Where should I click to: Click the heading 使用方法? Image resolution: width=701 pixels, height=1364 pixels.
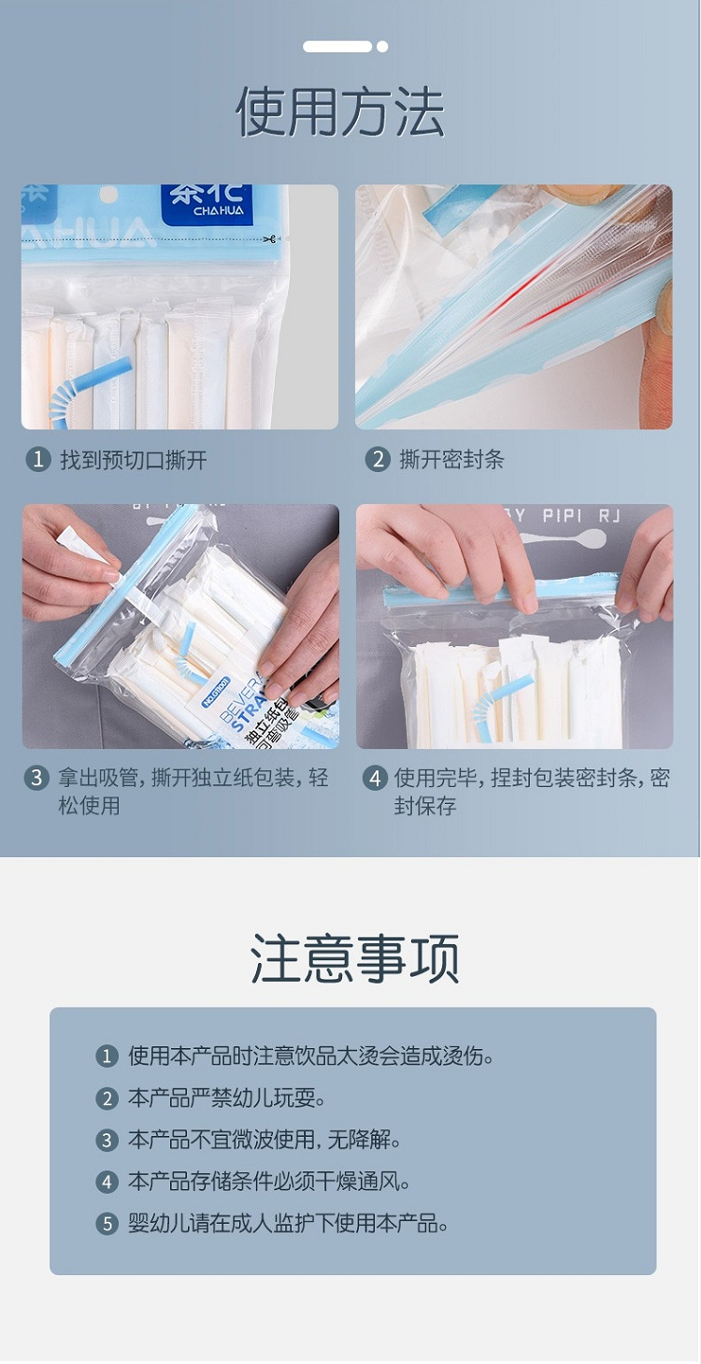340,111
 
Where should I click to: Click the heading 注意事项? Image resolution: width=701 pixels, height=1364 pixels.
354,958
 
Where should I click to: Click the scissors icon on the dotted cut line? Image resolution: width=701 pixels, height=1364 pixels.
268,238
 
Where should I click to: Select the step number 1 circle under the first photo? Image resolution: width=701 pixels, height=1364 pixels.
37,459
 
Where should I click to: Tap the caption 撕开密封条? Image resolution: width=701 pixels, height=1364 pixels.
451,459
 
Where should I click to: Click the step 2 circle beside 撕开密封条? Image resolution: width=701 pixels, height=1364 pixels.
377,459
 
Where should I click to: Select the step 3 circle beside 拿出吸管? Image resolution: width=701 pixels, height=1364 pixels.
36,778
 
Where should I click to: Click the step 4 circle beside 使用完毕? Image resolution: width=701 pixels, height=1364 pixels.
375,778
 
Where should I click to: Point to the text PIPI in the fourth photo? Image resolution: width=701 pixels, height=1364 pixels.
563,516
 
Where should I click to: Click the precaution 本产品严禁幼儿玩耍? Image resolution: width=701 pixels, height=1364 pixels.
226,1098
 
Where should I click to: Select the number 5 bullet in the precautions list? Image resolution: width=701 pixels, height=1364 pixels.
107,1224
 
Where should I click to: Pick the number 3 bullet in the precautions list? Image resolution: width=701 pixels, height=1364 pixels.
107,1140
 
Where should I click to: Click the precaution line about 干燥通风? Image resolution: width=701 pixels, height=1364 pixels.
268,1182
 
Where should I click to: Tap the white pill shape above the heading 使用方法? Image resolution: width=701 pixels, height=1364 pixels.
337,47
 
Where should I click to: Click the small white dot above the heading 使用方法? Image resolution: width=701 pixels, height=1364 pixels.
382,47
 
